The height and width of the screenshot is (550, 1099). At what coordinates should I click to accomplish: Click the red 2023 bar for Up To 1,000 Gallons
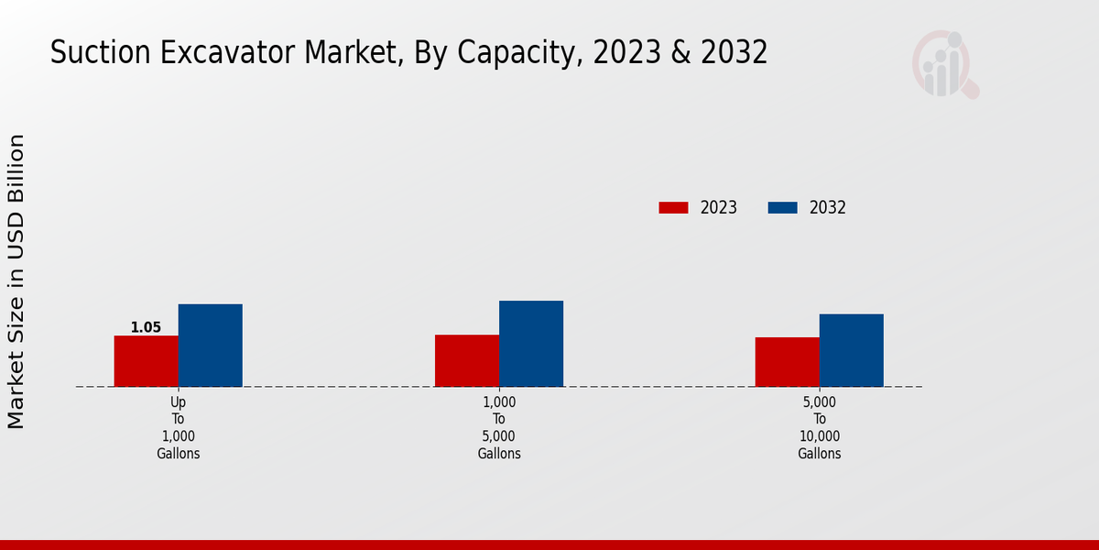[146, 361]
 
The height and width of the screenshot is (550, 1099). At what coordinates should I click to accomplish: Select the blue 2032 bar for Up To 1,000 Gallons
[210, 346]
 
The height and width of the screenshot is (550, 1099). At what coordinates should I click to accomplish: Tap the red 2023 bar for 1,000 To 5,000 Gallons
[467, 360]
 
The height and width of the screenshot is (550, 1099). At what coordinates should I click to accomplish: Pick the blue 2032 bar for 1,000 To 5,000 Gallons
[531, 344]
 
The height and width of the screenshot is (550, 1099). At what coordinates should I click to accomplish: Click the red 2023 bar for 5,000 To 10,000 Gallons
[787, 362]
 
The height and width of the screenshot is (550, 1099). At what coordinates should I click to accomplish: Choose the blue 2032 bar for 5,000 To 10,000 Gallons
[851, 350]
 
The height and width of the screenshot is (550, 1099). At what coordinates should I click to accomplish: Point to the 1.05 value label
[146, 327]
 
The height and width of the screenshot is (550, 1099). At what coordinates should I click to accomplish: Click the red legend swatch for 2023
[673, 208]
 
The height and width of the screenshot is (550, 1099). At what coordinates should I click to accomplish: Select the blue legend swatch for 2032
[782, 208]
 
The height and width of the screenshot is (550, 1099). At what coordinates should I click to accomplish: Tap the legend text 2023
[719, 208]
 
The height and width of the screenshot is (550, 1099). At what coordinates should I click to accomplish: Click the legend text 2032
[828, 208]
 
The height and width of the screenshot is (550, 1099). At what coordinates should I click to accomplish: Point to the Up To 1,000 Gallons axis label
[178, 427]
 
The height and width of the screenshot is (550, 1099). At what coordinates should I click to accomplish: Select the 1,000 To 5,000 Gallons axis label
[499, 427]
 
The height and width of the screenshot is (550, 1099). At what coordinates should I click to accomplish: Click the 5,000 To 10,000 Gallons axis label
[819, 427]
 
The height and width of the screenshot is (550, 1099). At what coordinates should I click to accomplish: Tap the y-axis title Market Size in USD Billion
[16, 281]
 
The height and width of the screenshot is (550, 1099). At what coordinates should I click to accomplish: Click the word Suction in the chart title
[98, 53]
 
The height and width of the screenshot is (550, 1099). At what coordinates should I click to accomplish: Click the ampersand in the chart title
[679, 53]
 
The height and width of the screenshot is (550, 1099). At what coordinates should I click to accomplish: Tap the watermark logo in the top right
[944, 64]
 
